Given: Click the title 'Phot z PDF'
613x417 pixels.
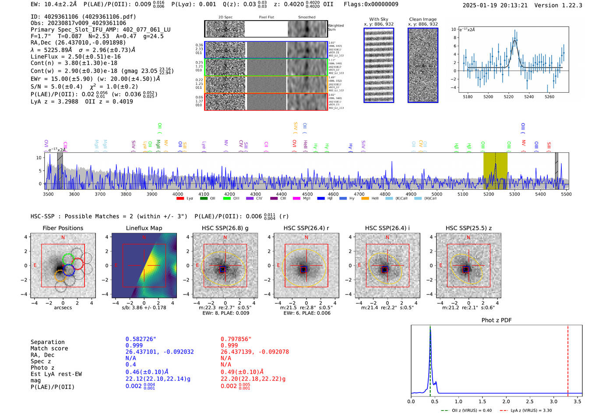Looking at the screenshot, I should coord(497,320).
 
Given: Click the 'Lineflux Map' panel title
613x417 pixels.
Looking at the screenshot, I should coord(144,228).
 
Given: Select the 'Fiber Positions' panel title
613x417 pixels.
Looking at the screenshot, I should coord(63,228).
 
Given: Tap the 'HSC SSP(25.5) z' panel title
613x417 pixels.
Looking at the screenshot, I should coord(469,228).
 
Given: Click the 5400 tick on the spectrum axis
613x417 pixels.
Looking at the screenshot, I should coord(540,194).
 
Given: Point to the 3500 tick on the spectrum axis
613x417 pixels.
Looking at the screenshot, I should coord(48,194).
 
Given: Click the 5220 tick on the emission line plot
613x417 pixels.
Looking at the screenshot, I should coord(508,97).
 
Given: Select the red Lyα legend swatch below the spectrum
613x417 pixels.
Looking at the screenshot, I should coord(180,199).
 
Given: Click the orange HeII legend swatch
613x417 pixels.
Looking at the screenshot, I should coord(365,199).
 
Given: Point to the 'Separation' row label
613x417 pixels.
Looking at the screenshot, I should coord(47,342).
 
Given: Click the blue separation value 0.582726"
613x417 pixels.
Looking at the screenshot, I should coord(141,339).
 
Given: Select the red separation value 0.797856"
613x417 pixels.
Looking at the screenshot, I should coord(236,339).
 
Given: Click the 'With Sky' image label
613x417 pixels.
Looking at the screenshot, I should coord(379,19).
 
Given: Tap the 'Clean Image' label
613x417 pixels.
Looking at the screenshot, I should coord(423,19).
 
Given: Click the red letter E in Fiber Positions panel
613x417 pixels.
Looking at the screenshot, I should coord(35,266).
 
